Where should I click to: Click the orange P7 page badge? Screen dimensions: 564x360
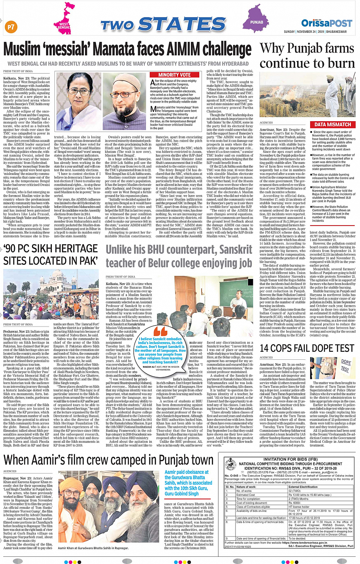[x=11, y=27]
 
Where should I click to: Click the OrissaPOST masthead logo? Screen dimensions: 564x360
[x=326, y=23]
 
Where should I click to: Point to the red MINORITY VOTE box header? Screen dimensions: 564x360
[x=174, y=75]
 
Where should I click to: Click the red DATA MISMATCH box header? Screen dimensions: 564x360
[x=333, y=125]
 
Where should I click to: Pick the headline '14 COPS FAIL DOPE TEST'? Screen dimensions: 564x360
[x=307, y=348]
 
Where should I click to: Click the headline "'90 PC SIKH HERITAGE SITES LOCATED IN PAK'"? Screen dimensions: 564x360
[x=51, y=254]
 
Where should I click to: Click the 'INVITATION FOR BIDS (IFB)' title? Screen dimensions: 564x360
[x=290, y=459]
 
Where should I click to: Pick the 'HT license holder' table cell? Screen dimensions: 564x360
[x=299, y=507]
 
